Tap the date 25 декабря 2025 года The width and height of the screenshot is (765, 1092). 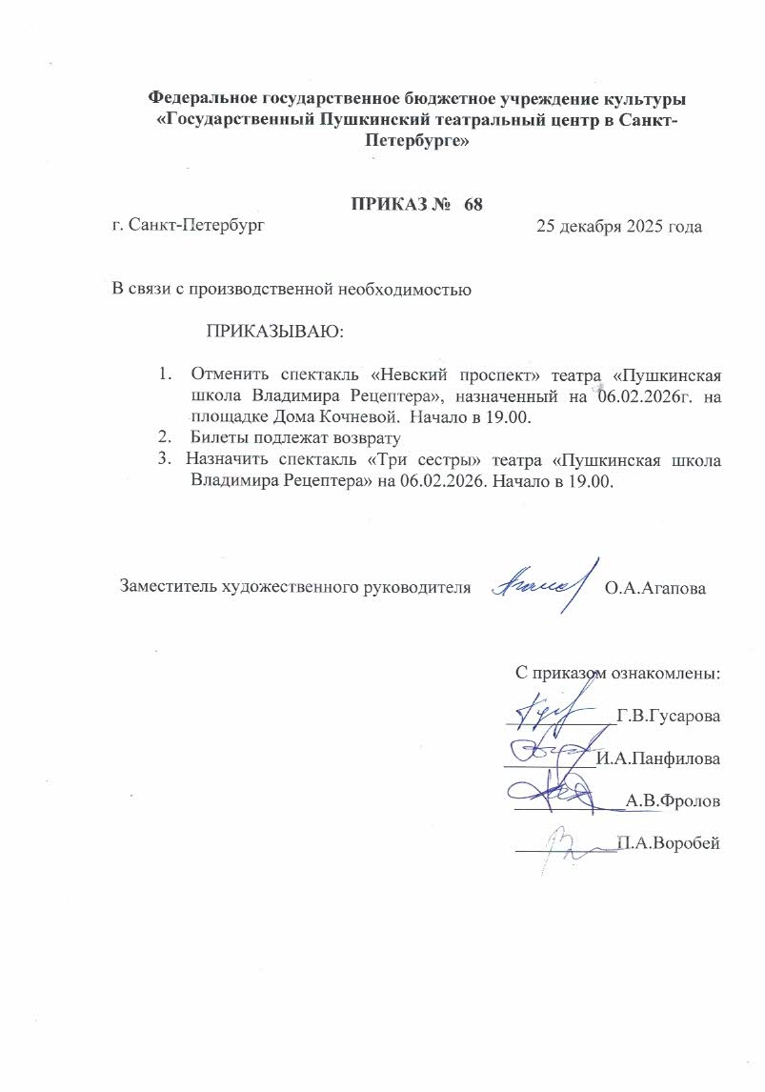[x=619, y=227]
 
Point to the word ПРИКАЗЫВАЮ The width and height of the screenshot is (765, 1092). [x=273, y=332]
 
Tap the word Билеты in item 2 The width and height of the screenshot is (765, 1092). [x=222, y=438]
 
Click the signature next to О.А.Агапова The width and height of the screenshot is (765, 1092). [x=541, y=580]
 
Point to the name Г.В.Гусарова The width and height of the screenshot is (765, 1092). [x=668, y=716]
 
